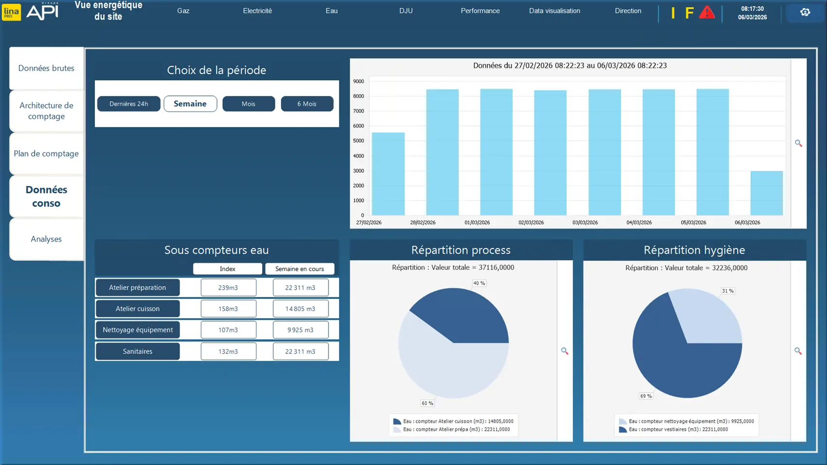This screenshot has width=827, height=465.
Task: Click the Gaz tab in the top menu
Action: (183, 11)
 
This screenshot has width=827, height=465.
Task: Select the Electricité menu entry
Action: (257, 11)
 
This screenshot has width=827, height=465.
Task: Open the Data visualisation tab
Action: (554, 11)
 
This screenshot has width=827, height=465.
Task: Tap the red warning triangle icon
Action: (707, 13)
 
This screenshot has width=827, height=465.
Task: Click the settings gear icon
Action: (805, 13)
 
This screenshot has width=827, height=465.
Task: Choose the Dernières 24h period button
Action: (129, 104)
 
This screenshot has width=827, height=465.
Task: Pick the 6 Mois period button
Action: (307, 104)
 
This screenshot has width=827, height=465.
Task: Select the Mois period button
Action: (249, 104)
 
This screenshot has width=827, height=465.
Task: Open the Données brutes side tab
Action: (47, 68)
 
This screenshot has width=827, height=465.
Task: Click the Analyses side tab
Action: (47, 239)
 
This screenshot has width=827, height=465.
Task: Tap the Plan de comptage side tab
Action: (47, 154)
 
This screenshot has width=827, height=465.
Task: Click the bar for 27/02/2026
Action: (388, 174)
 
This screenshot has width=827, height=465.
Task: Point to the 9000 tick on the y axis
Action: (359, 81)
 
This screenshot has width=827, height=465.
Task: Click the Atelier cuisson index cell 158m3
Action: (228, 309)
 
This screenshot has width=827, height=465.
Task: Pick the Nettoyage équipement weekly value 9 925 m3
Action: (300, 330)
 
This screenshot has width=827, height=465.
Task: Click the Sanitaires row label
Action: (138, 351)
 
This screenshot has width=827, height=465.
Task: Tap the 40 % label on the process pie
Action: (479, 283)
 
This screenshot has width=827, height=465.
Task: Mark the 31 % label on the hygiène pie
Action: (728, 291)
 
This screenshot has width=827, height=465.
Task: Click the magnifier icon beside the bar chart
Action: (798, 143)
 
